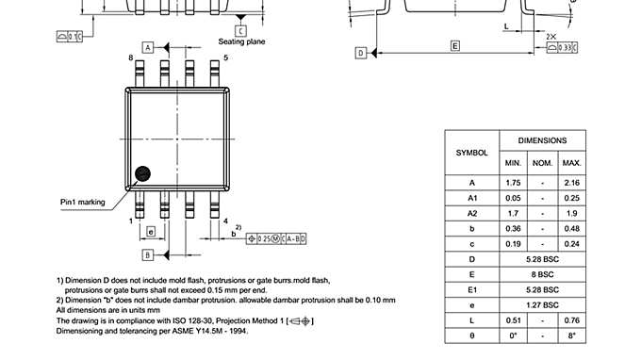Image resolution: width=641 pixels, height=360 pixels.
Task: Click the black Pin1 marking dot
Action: click(142, 173)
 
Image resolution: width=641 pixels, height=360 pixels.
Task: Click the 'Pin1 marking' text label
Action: click(83, 201)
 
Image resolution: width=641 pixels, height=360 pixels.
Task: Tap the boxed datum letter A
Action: click(148, 46)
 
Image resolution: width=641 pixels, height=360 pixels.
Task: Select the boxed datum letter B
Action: click(148, 254)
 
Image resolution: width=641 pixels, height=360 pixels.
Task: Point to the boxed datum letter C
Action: click(240, 30)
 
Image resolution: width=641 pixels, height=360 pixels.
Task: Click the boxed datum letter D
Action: click(360, 54)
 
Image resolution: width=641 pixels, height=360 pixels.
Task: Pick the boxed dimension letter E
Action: click(454, 45)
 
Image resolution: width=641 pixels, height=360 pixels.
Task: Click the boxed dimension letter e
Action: click(151, 231)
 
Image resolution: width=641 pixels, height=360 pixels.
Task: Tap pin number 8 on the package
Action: click(131, 58)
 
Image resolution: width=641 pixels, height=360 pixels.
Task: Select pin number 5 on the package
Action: click(225, 58)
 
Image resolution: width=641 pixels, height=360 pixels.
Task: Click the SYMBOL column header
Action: click(471, 152)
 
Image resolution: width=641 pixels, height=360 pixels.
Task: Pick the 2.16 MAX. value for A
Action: click(570, 182)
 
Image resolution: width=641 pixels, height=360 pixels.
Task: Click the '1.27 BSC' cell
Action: click(542, 304)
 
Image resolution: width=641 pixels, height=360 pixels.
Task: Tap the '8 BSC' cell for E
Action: click(542, 274)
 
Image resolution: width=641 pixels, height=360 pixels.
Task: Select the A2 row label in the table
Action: click(471, 213)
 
